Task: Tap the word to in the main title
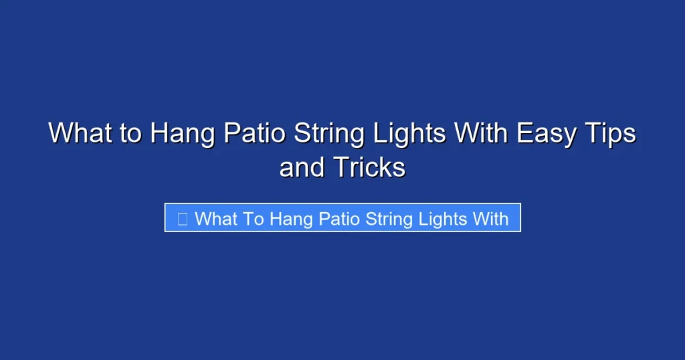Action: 130,133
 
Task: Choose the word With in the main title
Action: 481,133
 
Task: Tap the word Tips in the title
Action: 611,134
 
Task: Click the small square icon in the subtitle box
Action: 181,218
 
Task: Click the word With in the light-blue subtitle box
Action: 491,218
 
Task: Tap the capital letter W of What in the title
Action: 60,133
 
